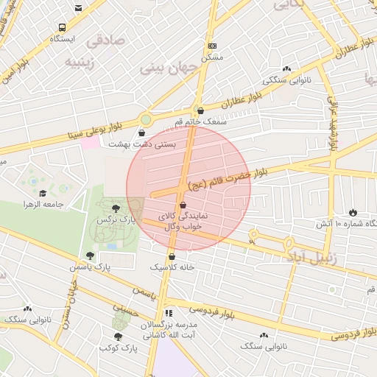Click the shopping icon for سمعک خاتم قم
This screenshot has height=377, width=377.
[x=200, y=110]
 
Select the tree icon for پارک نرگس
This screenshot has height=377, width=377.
[x=115, y=208]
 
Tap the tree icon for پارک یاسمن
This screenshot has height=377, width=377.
[x=90, y=256]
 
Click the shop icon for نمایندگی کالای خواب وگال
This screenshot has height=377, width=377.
[x=183, y=205]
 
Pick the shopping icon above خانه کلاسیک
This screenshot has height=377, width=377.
[x=172, y=256]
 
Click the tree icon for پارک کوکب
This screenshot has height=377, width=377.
[x=117, y=336]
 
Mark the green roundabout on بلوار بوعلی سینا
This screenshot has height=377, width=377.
[x=146, y=119]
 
